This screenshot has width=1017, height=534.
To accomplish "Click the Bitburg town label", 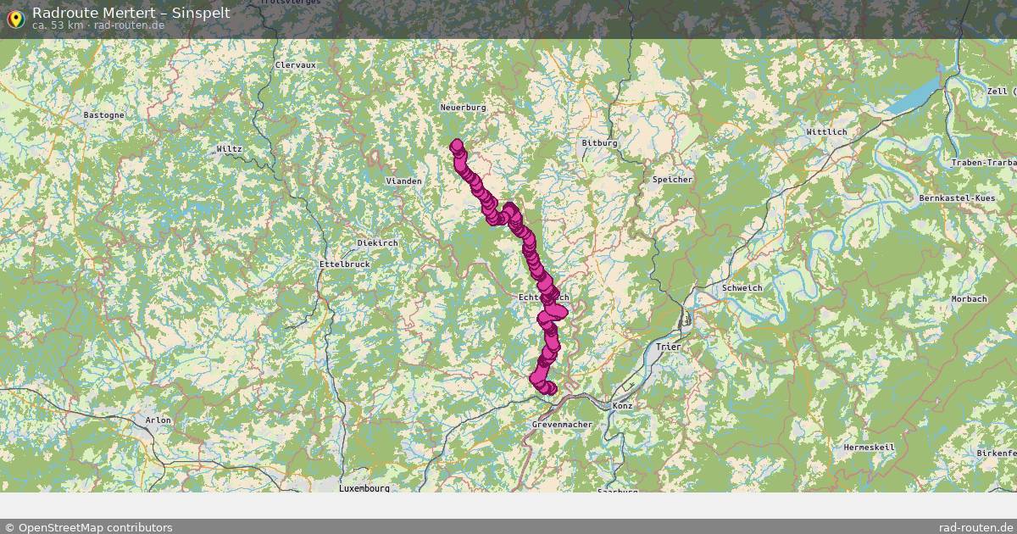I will coord(599,143).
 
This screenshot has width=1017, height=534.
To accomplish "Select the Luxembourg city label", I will coord(364,488).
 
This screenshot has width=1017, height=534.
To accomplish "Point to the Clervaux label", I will coord(295,64).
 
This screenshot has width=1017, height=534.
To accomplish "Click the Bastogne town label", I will coord(104,114).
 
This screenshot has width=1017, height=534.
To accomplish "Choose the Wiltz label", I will coord(229,149).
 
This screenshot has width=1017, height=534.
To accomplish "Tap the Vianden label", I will coord(403,181).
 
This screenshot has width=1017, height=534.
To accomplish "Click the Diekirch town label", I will coord(377,242).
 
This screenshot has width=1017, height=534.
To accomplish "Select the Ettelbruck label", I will coord(344,264).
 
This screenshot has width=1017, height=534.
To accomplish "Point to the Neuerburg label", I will coord(463,108).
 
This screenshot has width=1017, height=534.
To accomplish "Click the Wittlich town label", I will coord(825,132).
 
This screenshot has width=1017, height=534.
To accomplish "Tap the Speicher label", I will coord(672,180).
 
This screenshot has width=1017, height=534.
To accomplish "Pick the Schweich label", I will coord(742,288).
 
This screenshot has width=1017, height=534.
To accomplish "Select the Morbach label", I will coord(969,299).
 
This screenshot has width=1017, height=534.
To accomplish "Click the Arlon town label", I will coord(158,420).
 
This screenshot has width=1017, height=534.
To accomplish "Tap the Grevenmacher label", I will coord(562,424).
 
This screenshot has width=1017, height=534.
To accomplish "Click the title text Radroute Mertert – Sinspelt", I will coord(131,13).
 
